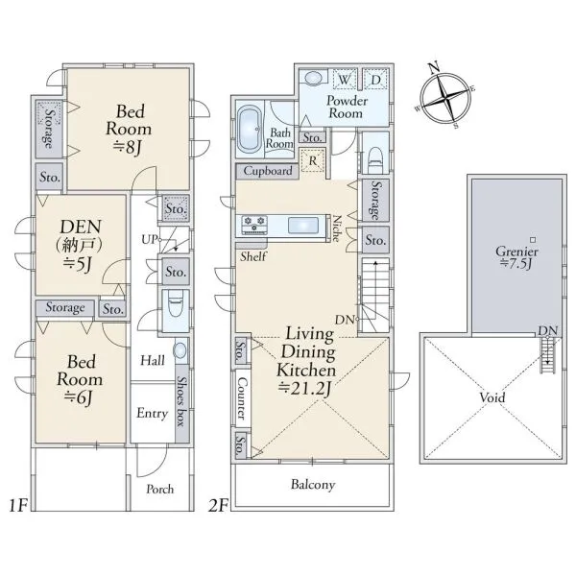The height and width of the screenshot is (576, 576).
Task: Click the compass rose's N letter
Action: (x=434, y=68)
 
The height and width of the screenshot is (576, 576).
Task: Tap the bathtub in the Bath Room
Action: (x=251, y=129)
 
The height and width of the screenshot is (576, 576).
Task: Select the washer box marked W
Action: (x=345, y=79)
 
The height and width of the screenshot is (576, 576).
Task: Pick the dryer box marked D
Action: (x=375, y=79)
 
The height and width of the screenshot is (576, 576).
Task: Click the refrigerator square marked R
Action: (x=313, y=160)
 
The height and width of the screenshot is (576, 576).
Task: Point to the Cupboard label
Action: (x=268, y=171)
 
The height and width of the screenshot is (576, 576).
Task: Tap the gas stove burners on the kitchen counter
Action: (x=254, y=224)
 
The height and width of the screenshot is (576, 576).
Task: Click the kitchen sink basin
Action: (x=303, y=226)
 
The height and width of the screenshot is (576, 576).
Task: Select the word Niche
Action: (x=337, y=228)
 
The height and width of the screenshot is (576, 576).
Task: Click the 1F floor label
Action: (x=19, y=506)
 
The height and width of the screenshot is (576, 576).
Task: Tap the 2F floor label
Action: (x=218, y=506)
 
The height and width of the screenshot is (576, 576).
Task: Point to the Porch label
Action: (x=159, y=489)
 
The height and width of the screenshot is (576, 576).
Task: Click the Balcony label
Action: (x=313, y=485)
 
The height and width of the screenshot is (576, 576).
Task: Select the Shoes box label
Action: (x=181, y=400)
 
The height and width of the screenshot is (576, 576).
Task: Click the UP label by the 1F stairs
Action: (x=150, y=240)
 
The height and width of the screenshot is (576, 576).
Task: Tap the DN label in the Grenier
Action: (x=548, y=330)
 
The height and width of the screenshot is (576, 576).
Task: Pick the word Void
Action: (x=492, y=397)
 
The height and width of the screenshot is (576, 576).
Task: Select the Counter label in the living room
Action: (x=243, y=398)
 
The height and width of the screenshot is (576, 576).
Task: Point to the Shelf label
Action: (x=253, y=256)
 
